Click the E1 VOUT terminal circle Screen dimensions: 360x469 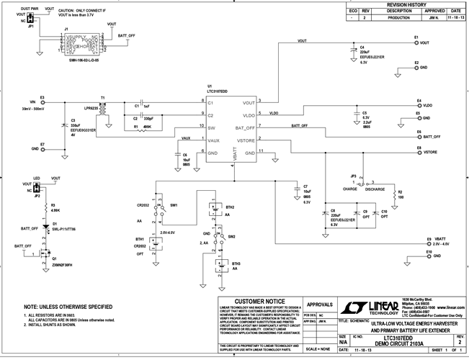click(416, 43)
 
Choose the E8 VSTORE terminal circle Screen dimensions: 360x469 click(416, 152)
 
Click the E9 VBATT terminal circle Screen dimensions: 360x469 click(428, 244)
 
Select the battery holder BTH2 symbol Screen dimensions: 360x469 click(214, 210)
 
